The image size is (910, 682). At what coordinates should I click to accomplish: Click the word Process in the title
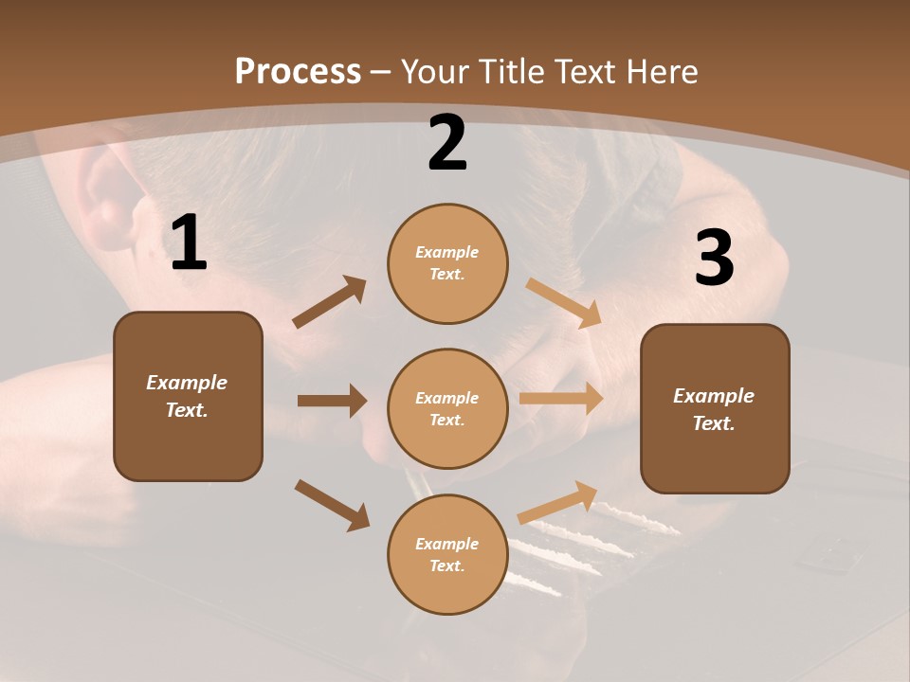tap(298, 71)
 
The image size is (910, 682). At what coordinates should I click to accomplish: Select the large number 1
tap(189, 244)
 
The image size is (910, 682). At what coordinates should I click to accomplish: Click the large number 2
tap(447, 144)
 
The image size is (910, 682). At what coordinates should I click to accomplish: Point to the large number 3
tap(715, 259)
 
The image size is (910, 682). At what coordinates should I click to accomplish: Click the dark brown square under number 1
tap(188, 396)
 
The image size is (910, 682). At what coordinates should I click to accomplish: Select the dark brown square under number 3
tap(715, 408)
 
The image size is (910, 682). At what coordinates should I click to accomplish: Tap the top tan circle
tap(447, 263)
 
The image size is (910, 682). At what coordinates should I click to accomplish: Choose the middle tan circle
tap(447, 408)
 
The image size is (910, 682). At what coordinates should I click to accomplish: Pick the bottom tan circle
tap(447, 554)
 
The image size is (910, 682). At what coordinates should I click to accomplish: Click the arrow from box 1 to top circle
tap(330, 302)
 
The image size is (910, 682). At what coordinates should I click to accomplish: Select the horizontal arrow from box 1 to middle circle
tap(332, 401)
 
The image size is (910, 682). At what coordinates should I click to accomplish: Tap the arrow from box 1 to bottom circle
tap(332, 505)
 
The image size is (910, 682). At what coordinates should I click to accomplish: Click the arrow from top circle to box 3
tap(564, 303)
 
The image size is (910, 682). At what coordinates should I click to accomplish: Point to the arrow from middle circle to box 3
tap(561, 398)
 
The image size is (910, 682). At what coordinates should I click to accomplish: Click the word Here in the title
tap(661, 71)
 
